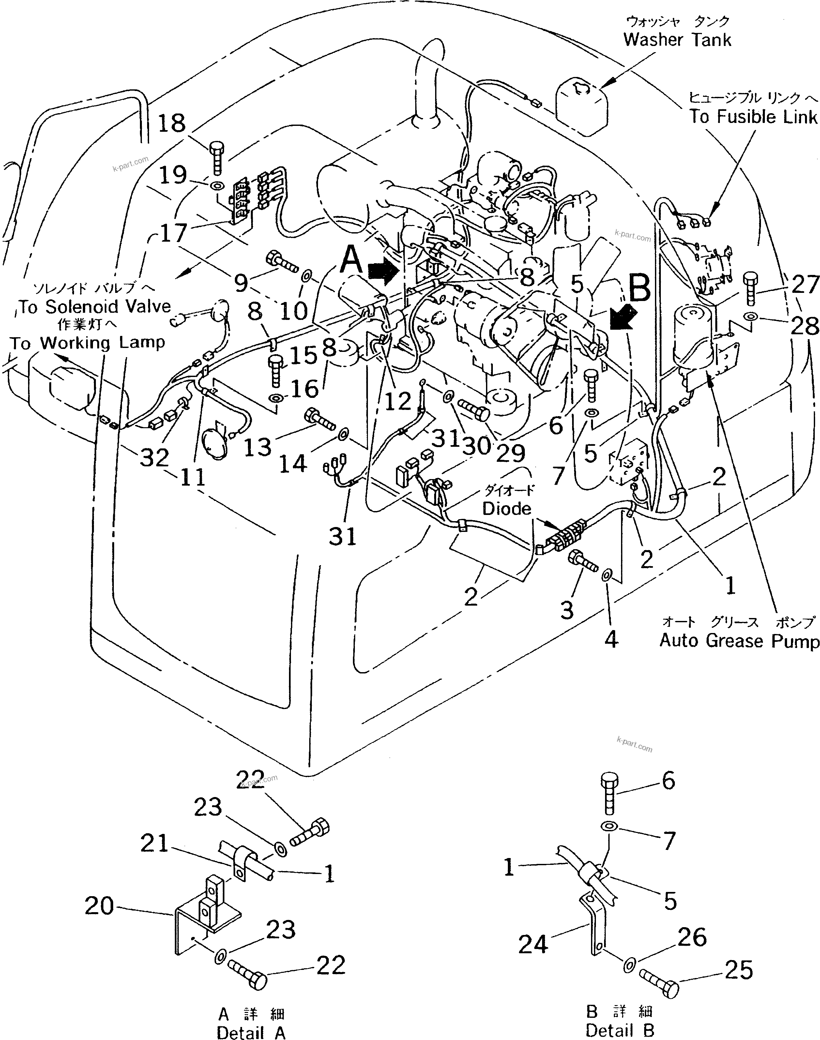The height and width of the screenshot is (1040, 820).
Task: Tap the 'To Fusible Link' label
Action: [753, 117]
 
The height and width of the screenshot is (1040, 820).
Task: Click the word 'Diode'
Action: [507, 509]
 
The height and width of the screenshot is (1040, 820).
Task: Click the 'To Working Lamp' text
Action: [87, 343]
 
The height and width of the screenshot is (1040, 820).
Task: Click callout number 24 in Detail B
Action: [533, 944]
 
